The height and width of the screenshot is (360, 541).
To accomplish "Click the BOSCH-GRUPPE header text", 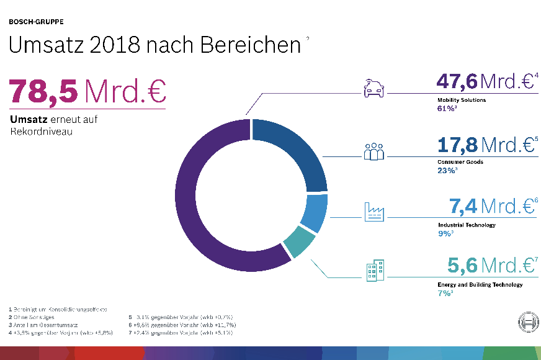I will coord(36,22).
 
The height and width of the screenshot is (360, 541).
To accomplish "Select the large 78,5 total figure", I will coord(43,91).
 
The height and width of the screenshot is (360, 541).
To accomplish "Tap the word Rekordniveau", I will coord(37,131).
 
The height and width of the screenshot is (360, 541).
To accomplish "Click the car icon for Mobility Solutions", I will coord(373,89).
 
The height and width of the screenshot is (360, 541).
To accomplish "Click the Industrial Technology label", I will coord(467,225).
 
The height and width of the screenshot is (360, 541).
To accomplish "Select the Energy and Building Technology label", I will coord(480,284).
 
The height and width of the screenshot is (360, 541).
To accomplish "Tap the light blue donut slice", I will coord(314,214).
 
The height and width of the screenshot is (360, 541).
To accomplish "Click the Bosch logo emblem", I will coord(527,323).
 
